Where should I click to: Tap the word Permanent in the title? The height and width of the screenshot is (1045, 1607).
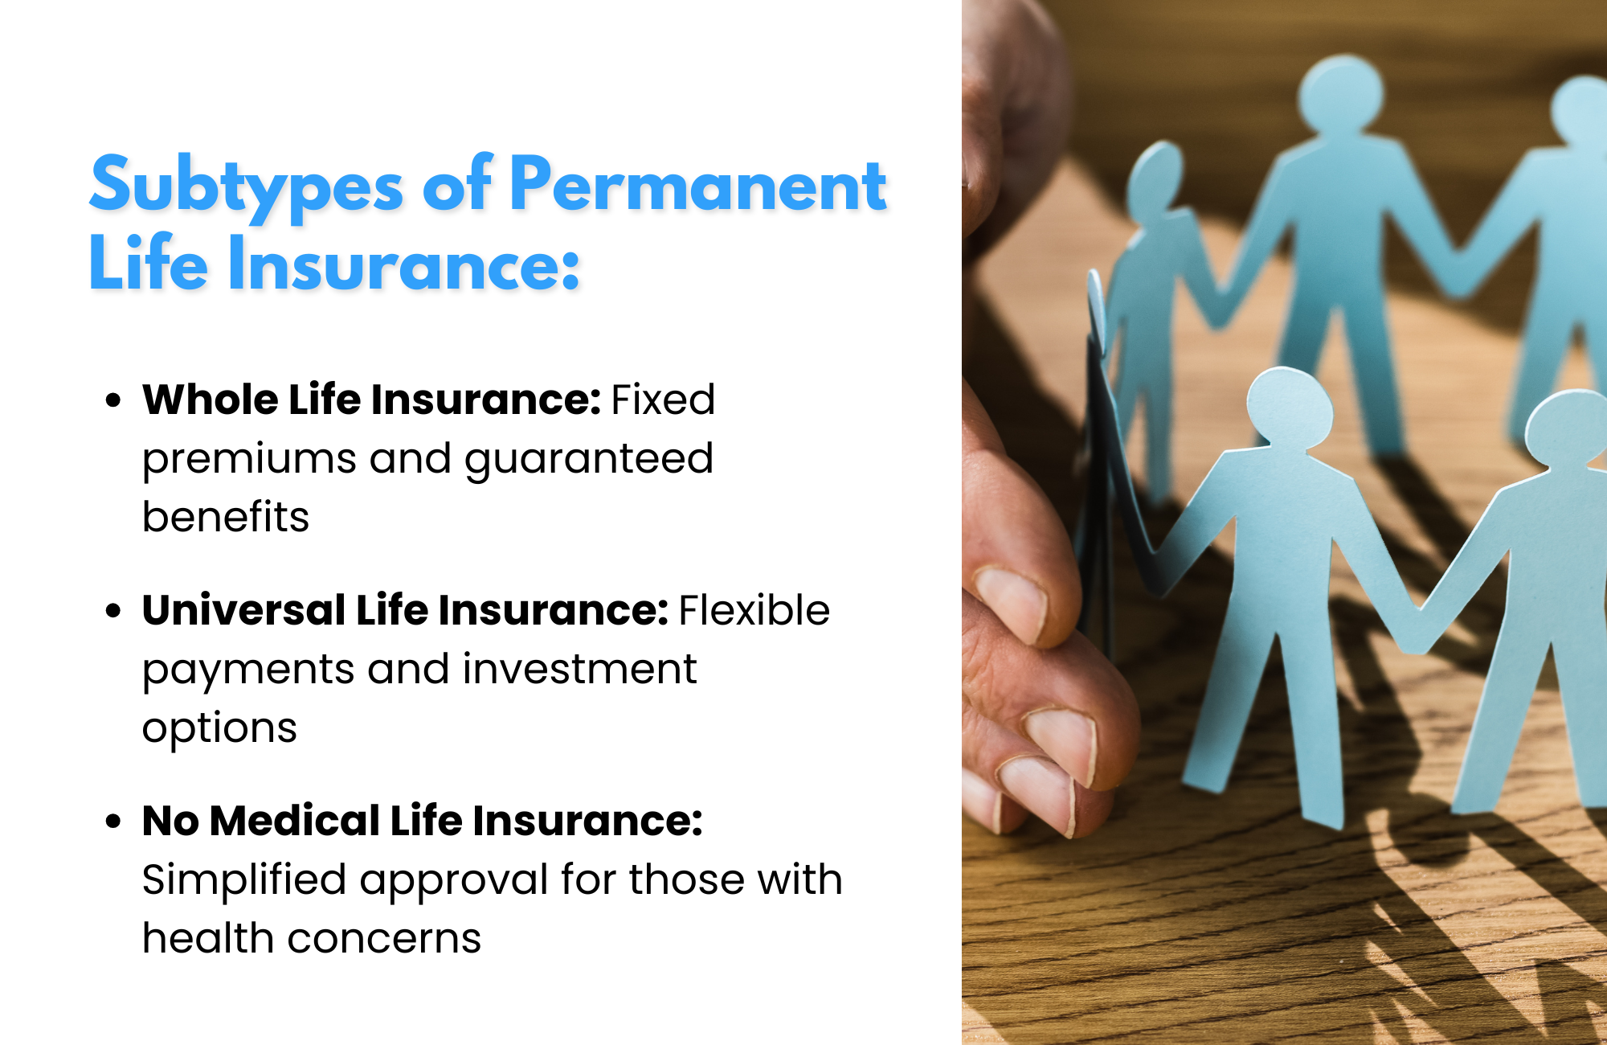(697, 184)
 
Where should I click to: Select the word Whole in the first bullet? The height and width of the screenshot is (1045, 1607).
(211, 400)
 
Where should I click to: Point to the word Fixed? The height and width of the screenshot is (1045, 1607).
(663, 400)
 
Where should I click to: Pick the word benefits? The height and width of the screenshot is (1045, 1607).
(226, 516)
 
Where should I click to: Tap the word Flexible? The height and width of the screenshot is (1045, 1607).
(754, 610)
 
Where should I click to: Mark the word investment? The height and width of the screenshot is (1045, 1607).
(580, 669)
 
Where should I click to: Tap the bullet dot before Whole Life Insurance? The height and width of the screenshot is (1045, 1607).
(113, 400)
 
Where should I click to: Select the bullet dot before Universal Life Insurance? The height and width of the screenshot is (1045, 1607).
(113, 610)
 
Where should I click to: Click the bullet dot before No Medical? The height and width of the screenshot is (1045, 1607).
(113, 821)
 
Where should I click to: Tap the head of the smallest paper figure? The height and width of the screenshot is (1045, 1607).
(1155, 181)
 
